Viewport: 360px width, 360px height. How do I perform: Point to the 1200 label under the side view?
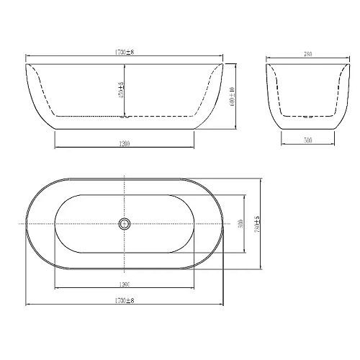pos(125,143)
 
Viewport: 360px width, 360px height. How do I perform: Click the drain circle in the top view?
pos(125,223)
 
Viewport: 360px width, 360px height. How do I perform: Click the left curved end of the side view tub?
pos(32,101)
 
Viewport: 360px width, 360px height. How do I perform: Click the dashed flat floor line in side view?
pos(86,116)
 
